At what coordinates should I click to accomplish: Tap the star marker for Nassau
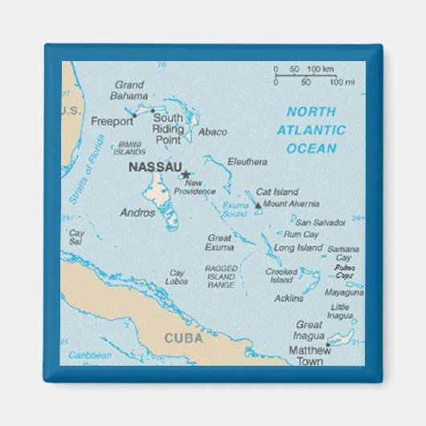click(185, 174)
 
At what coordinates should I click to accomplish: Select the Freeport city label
click(113, 122)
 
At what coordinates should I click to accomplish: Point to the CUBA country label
click(184, 338)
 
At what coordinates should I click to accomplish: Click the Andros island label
click(137, 213)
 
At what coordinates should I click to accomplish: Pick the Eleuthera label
click(247, 162)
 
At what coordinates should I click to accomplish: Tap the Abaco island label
click(212, 132)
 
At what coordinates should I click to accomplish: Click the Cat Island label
click(276, 192)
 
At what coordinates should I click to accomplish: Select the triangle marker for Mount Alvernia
click(258, 206)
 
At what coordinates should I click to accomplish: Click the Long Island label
click(298, 248)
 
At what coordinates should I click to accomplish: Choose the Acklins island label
click(289, 298)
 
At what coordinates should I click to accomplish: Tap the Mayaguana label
click(343, 293)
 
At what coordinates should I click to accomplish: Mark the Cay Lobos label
click(178, 277)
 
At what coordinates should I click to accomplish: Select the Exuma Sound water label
click(235, 211)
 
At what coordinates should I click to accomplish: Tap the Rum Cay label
click(301, 235)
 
